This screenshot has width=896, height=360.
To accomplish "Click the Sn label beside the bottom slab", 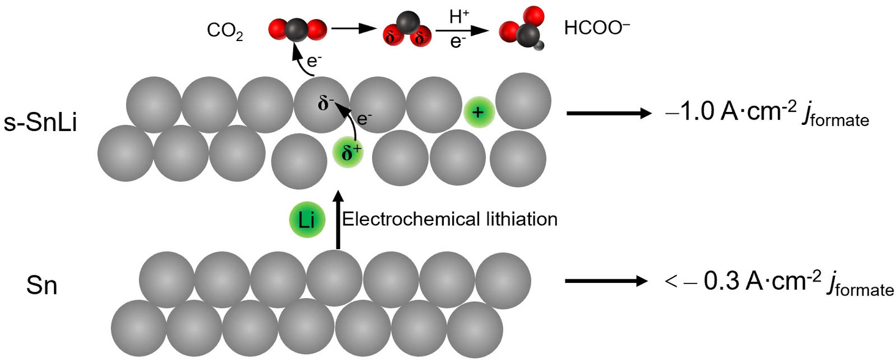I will coord(41,285).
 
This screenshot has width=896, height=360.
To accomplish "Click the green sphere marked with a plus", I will coord(479,111).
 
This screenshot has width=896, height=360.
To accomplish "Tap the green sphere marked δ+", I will coord(347,154).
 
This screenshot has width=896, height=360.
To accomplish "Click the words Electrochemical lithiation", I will coord(450,219).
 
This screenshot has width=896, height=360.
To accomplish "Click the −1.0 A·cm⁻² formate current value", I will coord(767,114).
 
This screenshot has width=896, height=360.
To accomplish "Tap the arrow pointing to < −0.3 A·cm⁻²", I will coord(606,282).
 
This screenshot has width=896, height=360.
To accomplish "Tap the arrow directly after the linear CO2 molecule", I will coord(353,28).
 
